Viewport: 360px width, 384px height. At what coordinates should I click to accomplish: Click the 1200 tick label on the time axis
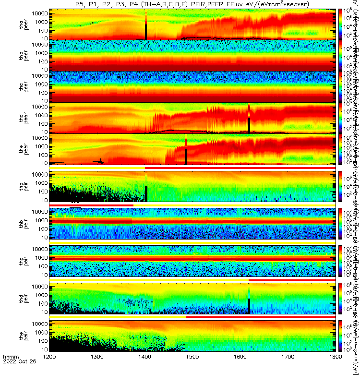coord(49,370)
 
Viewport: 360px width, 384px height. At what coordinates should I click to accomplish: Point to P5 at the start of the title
coord(80,4)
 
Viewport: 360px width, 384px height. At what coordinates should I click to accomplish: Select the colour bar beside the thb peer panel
coord(341,55)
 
